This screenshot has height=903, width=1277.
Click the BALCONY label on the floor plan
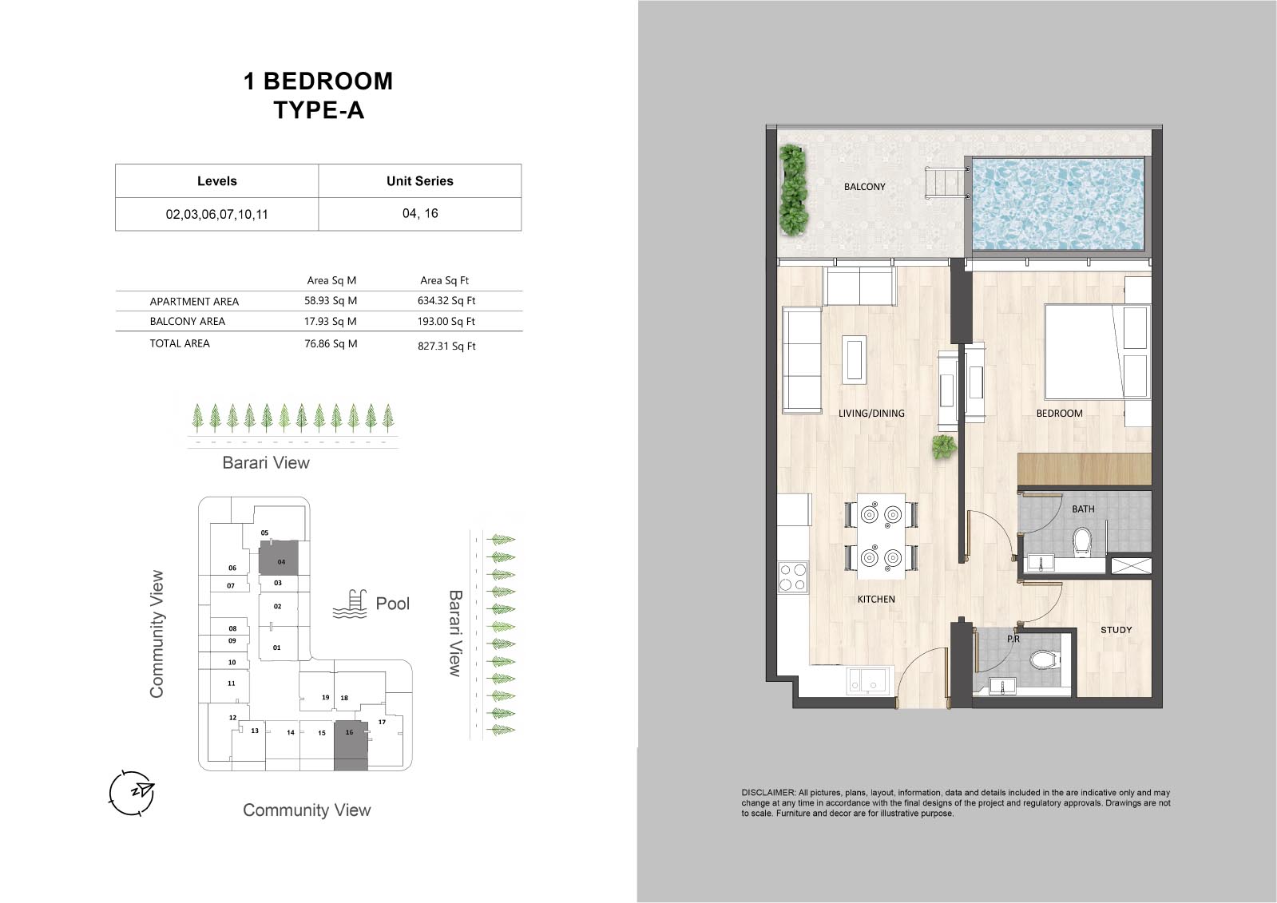click(x=864, y=186)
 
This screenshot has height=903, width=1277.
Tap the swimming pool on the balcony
click(x=1057, y=204)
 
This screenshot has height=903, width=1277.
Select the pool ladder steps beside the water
click(x=946, y=182)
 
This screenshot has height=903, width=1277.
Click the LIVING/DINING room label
click(x=871, y=414)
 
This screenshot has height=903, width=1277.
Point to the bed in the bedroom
click(x=1082, y=351)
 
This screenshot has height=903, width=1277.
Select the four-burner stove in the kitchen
click(x=793, y=577)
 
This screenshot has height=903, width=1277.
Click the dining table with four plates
click(x=881, y=536)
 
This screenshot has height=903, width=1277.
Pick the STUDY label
click(x=1116, y=630)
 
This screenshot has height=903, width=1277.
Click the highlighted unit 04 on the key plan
click(x=278, y=557)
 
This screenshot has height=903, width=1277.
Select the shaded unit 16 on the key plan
click(x=351, y=746)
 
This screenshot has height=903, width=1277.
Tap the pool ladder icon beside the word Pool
click(x=350, y=604)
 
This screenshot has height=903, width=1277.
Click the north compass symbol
click(x=133, y=793)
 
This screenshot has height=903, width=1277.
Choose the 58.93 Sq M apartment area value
click(x=330, y=300)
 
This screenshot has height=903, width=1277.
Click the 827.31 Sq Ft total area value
click(x=446, y=346)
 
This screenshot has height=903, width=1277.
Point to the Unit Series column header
click(x=419, y=181)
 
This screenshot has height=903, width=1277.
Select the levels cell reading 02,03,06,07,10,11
click(x=216, y=214)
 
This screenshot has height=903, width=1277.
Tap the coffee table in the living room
click(x=854, y=358)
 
